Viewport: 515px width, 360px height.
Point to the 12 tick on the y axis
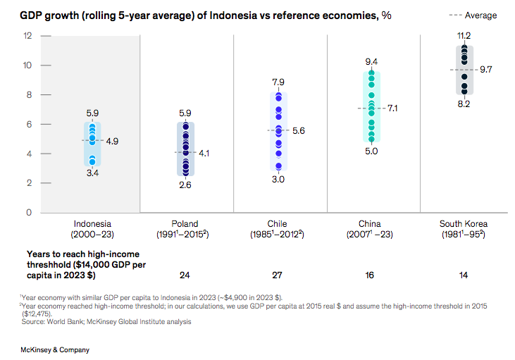(28, 36)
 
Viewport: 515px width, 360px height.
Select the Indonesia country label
(92, 223)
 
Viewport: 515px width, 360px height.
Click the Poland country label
(185, 223)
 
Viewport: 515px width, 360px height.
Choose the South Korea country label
(464, 223)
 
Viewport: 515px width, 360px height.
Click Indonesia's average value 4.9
(112, 141)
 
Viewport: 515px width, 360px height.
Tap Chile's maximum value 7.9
(278, 83)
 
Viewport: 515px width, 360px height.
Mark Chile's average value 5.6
(299, 131)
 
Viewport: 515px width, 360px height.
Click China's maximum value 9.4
(371, 61)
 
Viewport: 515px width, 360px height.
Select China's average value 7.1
(392, 108)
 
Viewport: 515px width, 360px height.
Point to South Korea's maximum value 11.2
(464, 35)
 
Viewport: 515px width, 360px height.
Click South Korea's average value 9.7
(485, 70)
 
